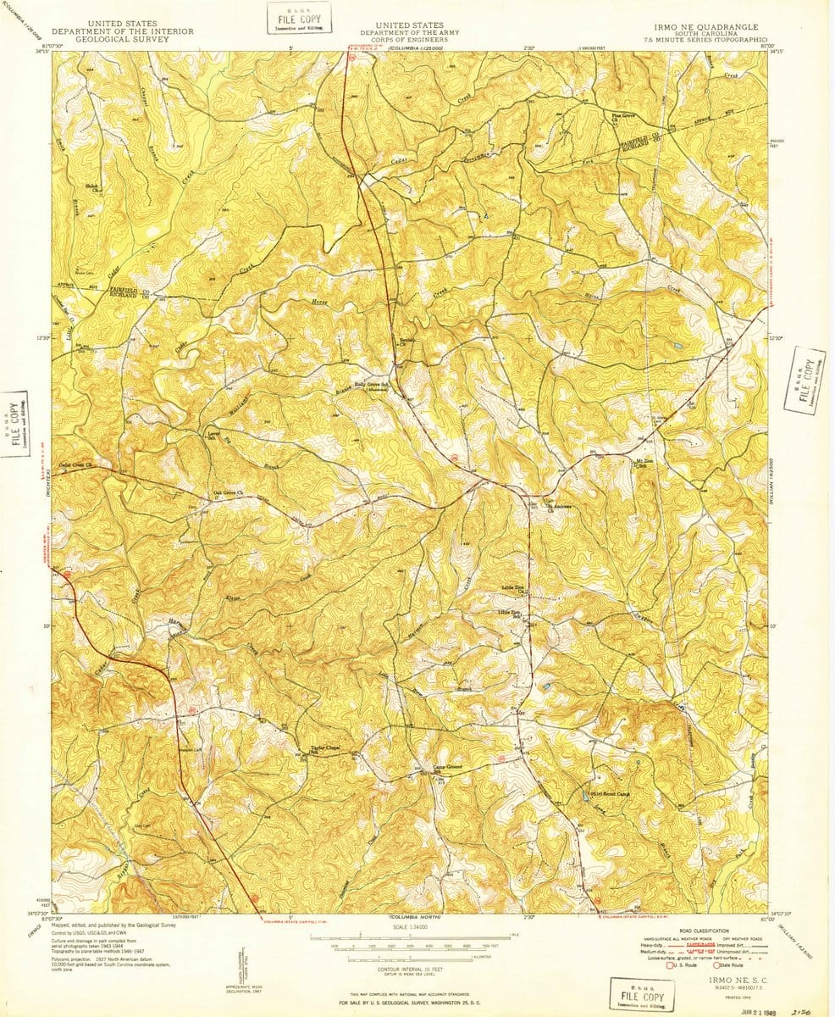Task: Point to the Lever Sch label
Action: tap(213, 436)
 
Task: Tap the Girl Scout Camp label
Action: tap(611, 795)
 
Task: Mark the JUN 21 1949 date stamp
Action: tap(757, 1010)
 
